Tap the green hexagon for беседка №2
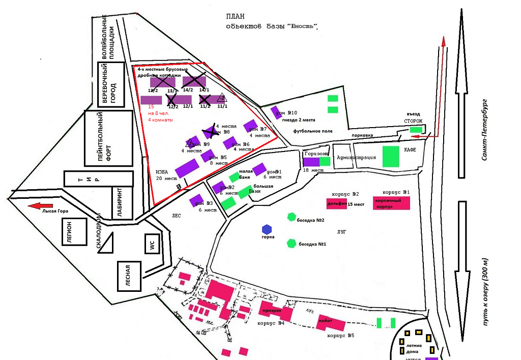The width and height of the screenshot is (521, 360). pos(292,217)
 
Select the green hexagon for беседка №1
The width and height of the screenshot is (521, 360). pos(292,243)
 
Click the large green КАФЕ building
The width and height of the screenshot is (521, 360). pos(391,157)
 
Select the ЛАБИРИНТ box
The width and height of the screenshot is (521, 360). pos(122,202)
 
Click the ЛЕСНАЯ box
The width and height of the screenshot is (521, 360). pos(128,276)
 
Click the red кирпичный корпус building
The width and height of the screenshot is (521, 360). pos(391,203)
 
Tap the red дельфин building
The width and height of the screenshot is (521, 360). pos(336,203)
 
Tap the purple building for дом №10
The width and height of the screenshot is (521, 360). pos(276,112)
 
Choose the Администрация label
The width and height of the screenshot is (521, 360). pos(356,158)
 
